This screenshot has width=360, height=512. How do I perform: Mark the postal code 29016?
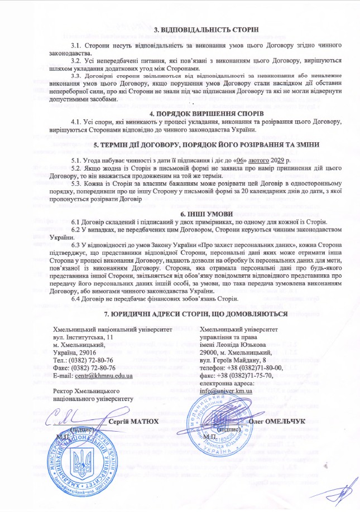86,353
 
